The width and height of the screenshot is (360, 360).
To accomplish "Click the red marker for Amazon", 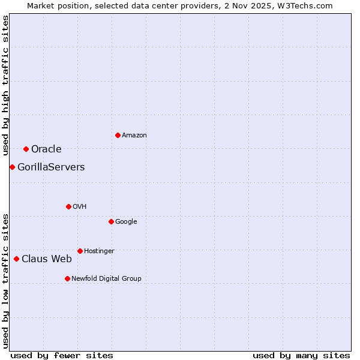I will pos(118,135).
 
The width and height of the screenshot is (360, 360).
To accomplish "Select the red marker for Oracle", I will pos(26,149).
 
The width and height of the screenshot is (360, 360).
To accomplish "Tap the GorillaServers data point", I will pos(12,167).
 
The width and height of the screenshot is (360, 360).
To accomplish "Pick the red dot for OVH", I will pos(68,206).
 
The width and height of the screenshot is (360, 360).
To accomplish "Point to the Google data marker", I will pos(111,221).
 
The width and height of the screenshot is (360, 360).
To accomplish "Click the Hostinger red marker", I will pos(80,251).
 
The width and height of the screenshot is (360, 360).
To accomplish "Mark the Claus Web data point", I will pos(16,259).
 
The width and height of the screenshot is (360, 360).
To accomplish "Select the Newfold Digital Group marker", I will pos(67,278).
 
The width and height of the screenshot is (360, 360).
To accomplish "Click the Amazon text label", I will pos(134,136).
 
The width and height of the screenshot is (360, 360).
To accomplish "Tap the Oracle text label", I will pos(46,149).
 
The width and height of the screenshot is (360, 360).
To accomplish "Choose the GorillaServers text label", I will pos(51,167).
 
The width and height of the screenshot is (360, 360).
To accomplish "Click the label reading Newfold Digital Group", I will pos(106,278).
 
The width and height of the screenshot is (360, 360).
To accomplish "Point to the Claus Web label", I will pos(47,259).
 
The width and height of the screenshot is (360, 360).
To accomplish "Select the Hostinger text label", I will pos(99,251).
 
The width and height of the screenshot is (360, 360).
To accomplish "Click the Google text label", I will pos(126,222).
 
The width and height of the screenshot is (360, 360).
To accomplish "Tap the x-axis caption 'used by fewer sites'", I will pos(62,356).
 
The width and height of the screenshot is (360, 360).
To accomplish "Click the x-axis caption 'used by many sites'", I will pos(301,356).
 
